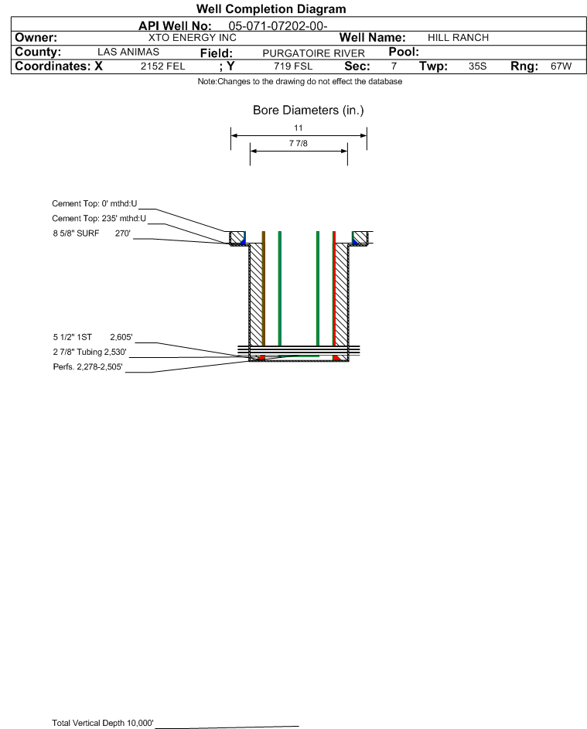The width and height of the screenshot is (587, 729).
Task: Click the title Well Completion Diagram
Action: [271, 9]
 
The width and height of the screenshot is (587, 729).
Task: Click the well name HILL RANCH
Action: [458, 38]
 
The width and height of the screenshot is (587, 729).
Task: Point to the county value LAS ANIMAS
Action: [128, 52]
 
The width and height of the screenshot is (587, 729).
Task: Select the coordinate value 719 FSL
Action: [293, 66]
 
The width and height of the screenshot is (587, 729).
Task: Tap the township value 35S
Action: [477, 66]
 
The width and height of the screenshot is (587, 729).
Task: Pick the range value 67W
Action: [561, 66]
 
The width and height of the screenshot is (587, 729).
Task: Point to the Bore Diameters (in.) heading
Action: [308, 111]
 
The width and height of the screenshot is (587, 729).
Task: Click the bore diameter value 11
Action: [298, 128]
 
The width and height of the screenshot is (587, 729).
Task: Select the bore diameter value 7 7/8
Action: [298, 143]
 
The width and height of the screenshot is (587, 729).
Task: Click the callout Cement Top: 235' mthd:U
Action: [99, 218]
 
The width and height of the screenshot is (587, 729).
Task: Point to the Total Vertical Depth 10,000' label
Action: [103, 723]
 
